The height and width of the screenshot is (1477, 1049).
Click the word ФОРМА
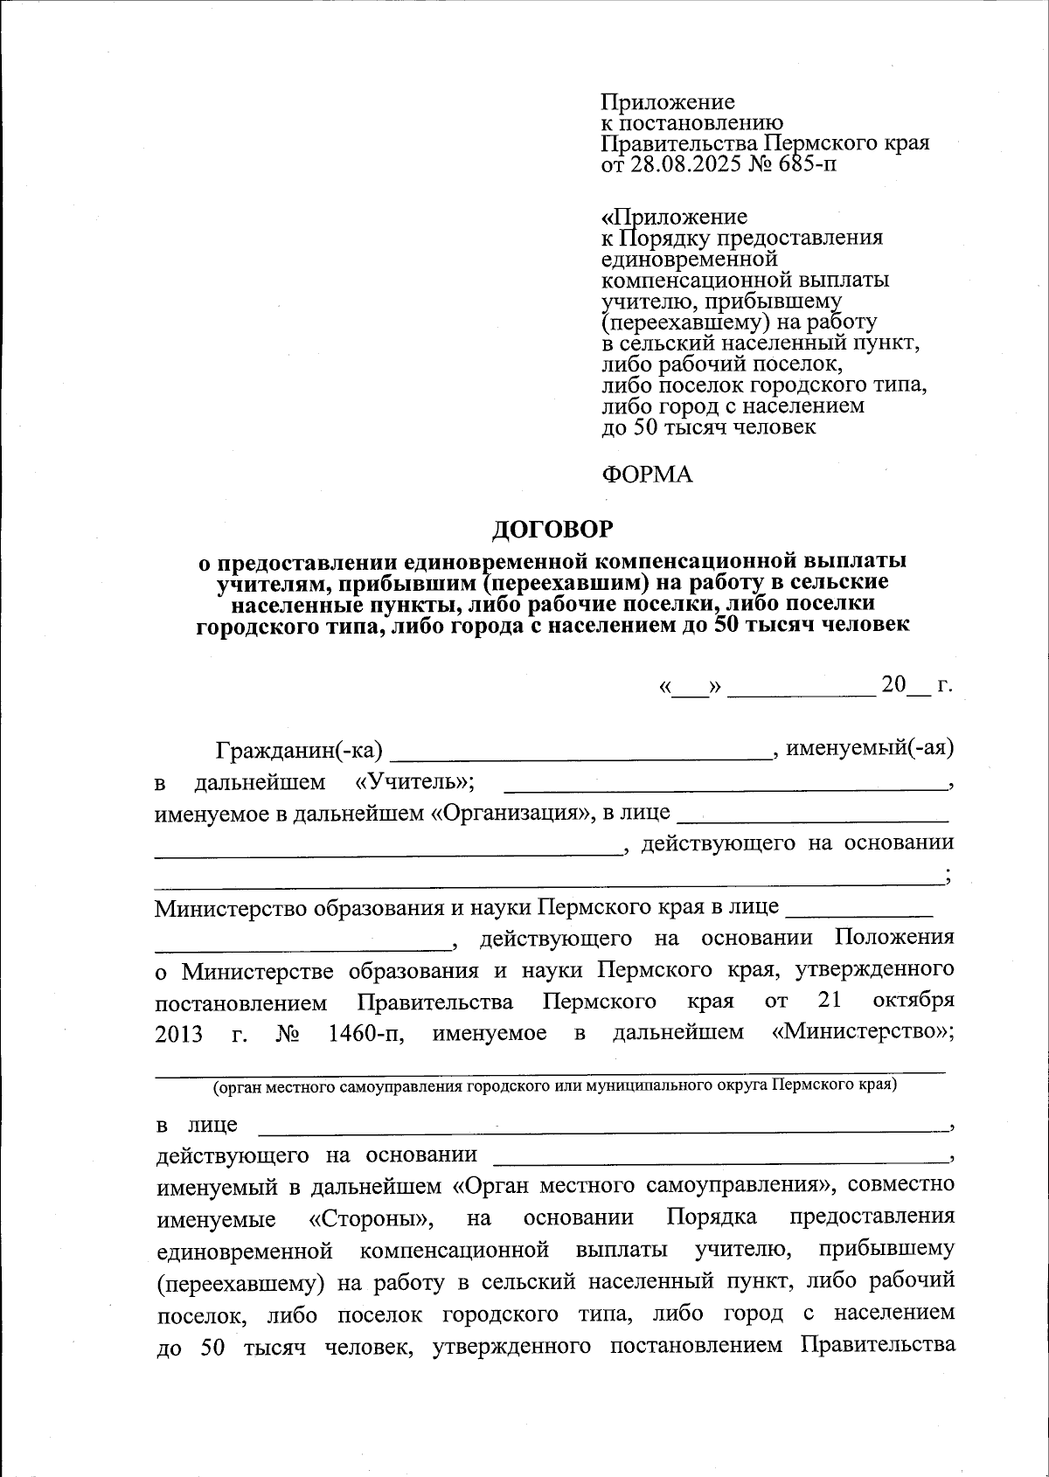point(647,475)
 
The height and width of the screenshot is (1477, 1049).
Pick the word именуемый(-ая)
point(870,748)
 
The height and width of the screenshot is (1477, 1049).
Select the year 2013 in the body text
point(179,1034)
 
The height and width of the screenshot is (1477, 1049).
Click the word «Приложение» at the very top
point(668,102)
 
